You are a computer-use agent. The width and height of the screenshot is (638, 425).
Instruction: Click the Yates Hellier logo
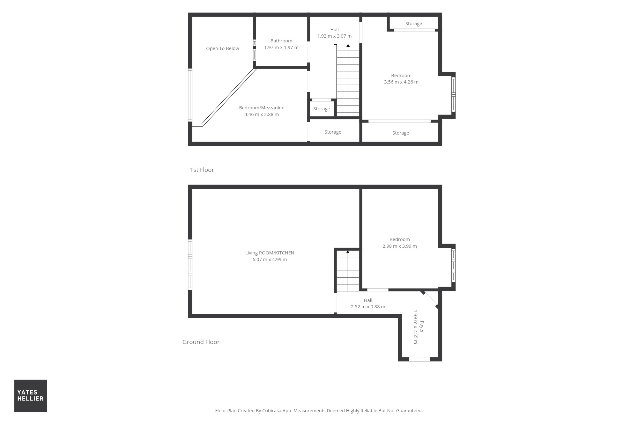(31, 396)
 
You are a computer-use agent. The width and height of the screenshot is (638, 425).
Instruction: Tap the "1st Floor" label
(202, 170)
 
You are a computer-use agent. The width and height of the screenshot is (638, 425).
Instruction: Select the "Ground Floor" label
(201, 342)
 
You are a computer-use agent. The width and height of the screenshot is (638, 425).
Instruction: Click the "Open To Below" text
(223, 48)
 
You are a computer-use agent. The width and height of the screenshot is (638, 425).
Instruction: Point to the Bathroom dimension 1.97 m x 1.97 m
(281, 48)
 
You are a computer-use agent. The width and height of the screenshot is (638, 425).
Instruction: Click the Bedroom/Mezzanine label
(262, 108)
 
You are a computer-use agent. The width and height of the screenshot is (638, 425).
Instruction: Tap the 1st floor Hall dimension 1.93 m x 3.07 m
(334, 36)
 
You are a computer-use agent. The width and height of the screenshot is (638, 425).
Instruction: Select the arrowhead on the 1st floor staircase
(348, 46)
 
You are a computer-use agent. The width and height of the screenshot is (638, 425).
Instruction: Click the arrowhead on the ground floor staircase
(348, 252)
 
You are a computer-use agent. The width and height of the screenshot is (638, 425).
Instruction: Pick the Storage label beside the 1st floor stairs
(322, 109)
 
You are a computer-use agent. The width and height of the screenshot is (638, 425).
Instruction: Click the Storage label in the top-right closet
(414, 24)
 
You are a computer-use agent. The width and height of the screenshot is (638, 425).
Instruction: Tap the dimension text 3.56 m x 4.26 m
(401, 82)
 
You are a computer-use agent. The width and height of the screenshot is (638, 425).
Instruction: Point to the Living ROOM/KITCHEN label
(270, 253)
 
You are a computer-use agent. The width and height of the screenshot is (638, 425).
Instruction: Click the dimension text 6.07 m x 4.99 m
(270, 260)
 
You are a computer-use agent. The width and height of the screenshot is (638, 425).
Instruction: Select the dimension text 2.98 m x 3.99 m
(400, 246)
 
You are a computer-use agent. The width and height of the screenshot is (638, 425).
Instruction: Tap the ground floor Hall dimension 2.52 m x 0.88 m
(368, 307)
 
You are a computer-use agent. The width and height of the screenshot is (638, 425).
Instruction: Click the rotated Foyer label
(422, 327)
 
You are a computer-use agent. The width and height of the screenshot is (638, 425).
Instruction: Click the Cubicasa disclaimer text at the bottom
(319, 411)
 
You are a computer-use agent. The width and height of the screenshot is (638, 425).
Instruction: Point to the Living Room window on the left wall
(190, 265)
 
